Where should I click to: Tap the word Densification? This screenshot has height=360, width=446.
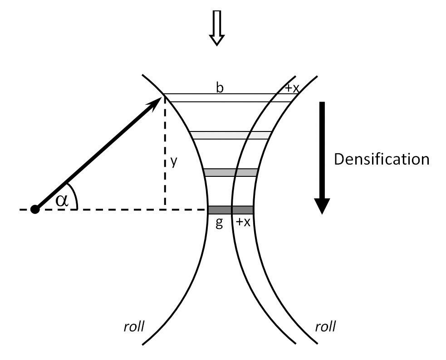pyautogui.click(x=381, y=159)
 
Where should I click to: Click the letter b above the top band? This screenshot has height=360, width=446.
pyautogui.click(x=220, y=88)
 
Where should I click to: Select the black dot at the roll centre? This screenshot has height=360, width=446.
pyautogui.click(x=34, y=209)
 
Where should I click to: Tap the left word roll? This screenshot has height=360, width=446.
pyautogui.click(x=134, y=326)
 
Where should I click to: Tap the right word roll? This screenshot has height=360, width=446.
pyautogui.click(x=325, y=326)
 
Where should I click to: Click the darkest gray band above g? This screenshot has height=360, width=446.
pyautogui.click(x=230, y=209)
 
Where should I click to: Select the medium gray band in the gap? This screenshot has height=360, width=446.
pyautogui.click(x=231, y=172)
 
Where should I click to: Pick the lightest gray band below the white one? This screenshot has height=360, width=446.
pyautogui.click(x=230, y=135)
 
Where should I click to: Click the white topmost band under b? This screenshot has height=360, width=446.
pyautogui.click(x=227, y=97)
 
